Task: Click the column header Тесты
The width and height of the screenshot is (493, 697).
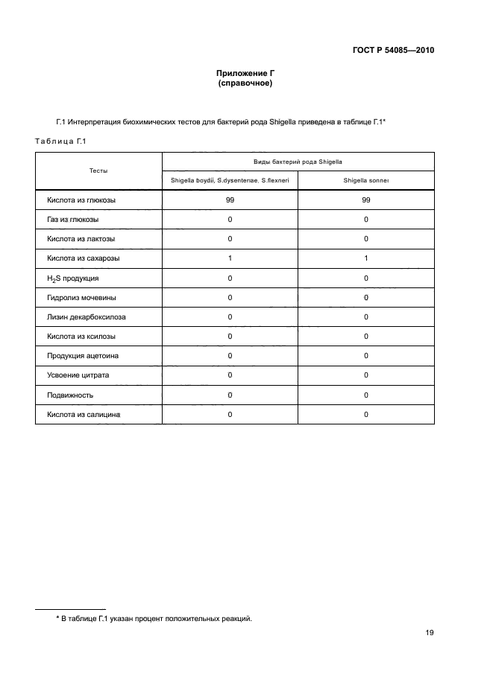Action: coord(98,171)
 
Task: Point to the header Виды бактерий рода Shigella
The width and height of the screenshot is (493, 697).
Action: coord(298,161)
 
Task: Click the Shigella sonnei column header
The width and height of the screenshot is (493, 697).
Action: coord(366,180)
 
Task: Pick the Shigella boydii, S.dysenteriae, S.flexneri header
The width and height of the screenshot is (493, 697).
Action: coord(230,180)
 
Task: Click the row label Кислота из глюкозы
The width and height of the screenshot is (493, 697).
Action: coord(81,200)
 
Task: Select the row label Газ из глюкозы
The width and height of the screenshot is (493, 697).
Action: coord(73,220)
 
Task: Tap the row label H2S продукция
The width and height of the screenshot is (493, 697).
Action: coord(72,279)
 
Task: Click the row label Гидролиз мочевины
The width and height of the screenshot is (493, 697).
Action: coord(81,298)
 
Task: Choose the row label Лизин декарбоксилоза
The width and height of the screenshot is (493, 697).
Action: coord(87,317)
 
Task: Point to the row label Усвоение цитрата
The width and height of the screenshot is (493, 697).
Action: coord(78,375)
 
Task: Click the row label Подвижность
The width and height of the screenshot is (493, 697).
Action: coord(70,395)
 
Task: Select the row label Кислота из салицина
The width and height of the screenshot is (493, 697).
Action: coord(84,414)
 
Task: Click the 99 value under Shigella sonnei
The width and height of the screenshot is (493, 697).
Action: coord(366,200)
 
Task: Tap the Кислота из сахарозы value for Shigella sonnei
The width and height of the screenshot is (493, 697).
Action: coord(366,258)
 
